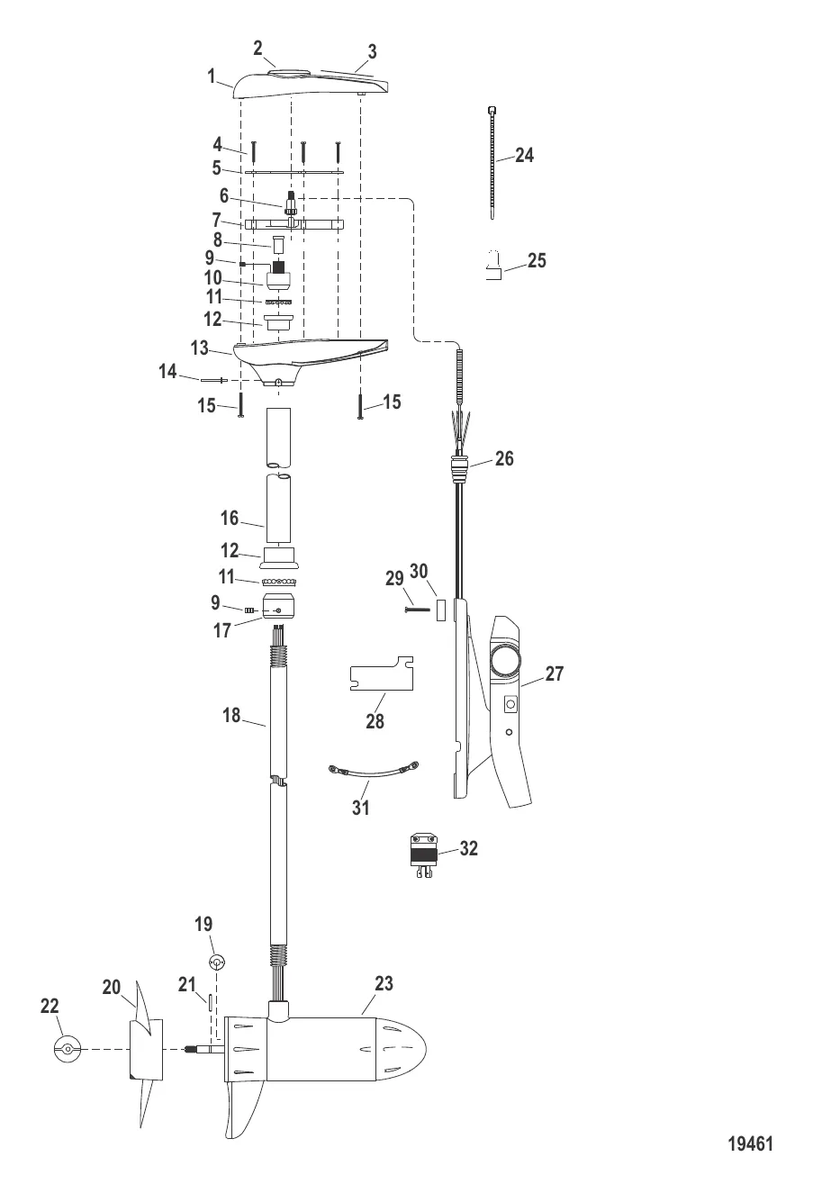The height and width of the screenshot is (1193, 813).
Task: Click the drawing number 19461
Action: (x=750, y=1143)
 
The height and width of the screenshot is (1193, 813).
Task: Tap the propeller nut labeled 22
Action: (x=67, y=1049)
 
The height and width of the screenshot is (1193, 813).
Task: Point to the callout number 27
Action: (x=554, y=673)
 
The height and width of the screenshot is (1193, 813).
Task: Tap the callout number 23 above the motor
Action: (x=384, y=984)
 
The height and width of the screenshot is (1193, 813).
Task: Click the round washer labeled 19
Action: (x=216, y=962)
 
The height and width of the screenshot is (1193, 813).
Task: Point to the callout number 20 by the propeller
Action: (x=112, y=988)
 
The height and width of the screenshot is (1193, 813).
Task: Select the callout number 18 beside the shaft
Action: (x=231, y=715)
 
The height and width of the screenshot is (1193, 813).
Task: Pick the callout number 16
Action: (x=229, y=518)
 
